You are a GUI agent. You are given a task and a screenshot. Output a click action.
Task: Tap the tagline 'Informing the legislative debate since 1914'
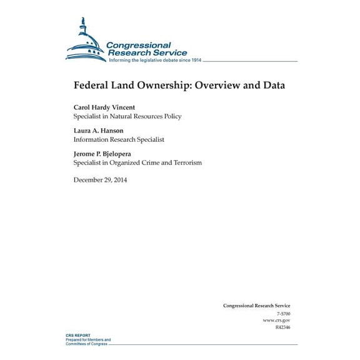pos(154,61)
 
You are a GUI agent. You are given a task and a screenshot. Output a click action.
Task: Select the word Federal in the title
pos(92,85)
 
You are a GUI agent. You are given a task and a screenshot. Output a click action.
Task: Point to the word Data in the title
pos(272,85)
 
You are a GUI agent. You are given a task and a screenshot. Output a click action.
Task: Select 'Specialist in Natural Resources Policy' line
pos(127,116)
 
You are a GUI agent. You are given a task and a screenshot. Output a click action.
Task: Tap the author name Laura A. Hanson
pos(99,131)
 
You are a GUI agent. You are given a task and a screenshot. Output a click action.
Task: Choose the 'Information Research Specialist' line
pos(119,139)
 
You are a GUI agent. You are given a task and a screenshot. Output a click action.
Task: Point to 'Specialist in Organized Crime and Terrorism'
pos(137,162)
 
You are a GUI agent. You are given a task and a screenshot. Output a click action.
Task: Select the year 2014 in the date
pos(121,180)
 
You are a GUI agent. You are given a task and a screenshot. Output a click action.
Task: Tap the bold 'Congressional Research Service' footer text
pos(256,288)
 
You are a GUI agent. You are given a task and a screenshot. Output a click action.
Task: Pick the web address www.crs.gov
pos(277,302)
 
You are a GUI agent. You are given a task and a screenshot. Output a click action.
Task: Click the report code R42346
pos(282,309)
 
